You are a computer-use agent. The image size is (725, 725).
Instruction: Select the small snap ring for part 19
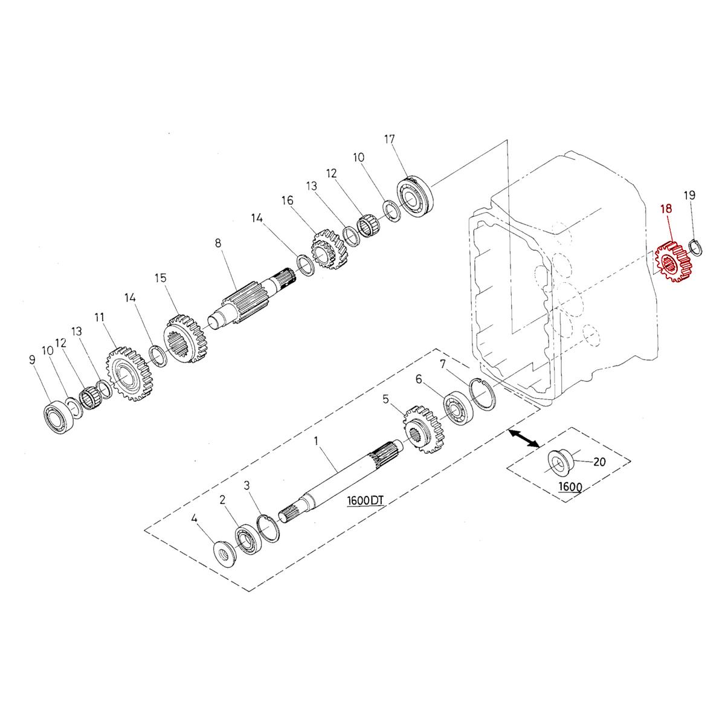click(x=695, y=247)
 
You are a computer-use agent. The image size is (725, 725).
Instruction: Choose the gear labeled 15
click(x=185, y=339)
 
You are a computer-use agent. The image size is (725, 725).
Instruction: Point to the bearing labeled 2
click(x=247, y=538)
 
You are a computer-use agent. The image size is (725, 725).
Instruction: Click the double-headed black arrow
click(x=523, y=439)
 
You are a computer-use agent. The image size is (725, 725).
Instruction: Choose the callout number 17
click(x=389, y=140)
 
